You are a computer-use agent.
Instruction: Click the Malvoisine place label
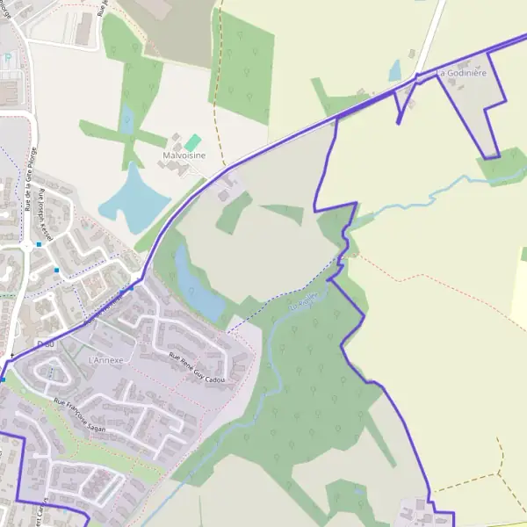[184, 155]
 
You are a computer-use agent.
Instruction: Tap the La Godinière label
[461, 73]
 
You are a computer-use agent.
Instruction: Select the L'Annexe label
[109, 360]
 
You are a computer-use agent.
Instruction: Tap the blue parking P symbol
[8, 58]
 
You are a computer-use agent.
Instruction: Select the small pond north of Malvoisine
[127, 119]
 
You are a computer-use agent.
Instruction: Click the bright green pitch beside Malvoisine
[192, 141]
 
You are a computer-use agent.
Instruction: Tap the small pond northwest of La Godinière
[394, 70]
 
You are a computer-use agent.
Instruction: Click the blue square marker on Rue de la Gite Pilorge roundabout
[40, 244]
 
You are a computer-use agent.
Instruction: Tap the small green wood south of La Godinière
[501, 166]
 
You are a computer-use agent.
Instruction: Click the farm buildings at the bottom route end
[413, 511]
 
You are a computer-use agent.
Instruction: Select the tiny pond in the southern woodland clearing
[357, 492]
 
